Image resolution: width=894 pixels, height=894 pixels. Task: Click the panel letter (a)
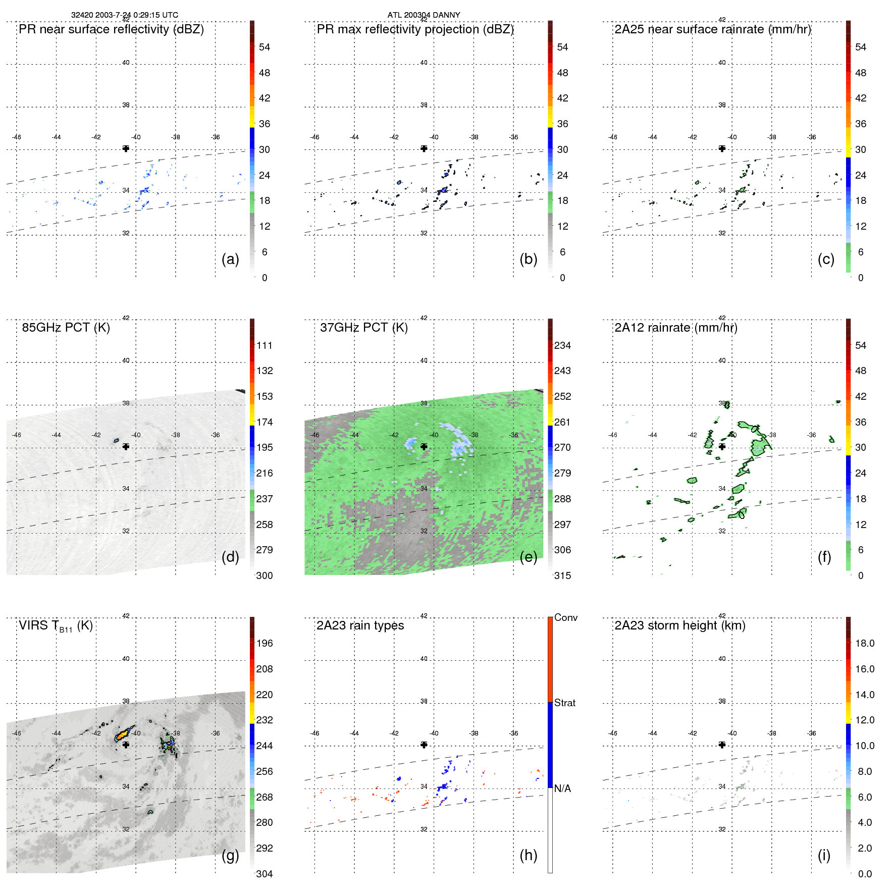coord(230,259)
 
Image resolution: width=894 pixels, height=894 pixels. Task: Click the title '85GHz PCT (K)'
coord(66,328)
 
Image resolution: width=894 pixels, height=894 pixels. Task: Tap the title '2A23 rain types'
coord(360,625)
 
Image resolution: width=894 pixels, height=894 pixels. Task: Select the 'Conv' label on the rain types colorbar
coord(565,617)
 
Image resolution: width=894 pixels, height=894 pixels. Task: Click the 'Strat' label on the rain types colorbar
coord(564,703)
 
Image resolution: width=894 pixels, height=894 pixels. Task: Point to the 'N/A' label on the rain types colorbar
coord(562,788)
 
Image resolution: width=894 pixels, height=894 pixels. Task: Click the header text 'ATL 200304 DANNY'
coord(424,15)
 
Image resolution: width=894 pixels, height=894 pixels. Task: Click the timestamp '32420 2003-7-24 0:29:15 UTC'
coord(124,15)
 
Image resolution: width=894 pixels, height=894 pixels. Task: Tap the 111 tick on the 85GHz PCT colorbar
coord(264,345)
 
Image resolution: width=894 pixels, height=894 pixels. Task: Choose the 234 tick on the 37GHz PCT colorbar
coord(562,345)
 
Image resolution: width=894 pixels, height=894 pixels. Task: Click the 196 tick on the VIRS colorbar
coord(264,643)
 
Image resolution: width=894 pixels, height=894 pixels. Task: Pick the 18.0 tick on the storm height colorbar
coord(864,643)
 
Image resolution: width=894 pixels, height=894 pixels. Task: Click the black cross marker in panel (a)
coord(126,148)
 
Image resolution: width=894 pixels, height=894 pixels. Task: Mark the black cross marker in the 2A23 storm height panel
coord(722,745)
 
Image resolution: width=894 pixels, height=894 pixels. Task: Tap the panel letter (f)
coord(824,557)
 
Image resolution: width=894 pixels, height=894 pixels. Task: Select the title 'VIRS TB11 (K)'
coord(56,626)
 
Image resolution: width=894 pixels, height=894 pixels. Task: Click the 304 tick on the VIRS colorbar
coord(264,874)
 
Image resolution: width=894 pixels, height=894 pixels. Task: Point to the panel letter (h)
coord(528,855)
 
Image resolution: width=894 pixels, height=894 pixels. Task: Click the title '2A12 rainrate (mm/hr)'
coord(675,328)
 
